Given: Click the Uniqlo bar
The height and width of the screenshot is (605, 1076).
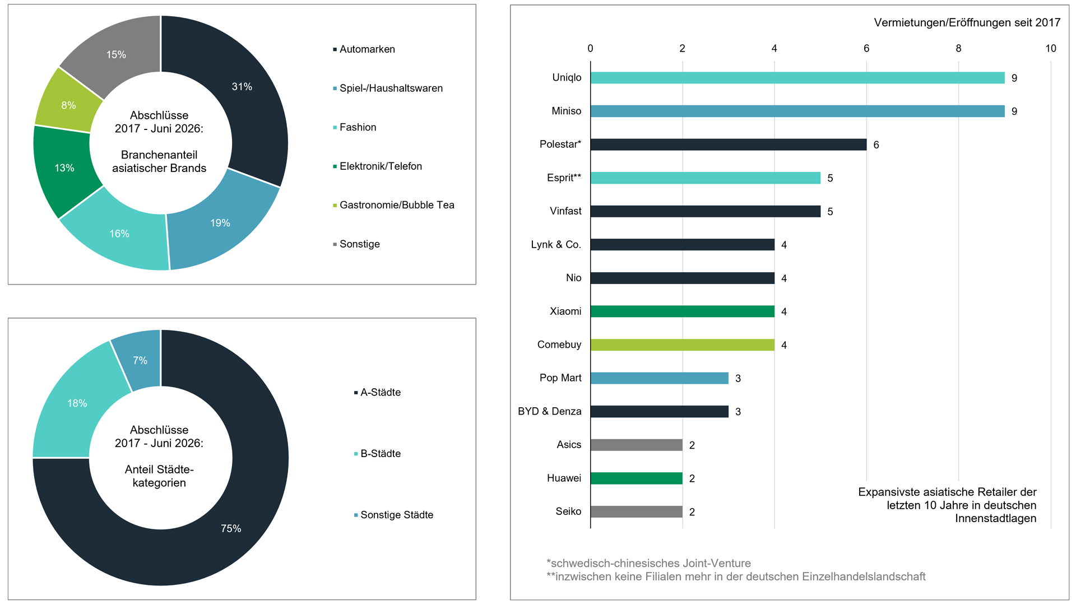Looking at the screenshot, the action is (x=797, y=78).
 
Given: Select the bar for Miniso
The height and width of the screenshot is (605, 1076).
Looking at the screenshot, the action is (x=797, y=111).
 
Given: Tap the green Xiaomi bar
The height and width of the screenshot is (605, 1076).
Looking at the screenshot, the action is (x=683, y=311).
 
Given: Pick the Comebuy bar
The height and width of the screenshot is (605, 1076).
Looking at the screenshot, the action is (x=683, y=345).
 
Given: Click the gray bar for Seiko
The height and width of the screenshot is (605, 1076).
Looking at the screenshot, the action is (x=637, y=511).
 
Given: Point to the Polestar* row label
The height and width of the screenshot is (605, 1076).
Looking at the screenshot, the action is (x=560, y=145).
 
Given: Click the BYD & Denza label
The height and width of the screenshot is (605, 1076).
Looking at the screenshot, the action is (x=550, y=411).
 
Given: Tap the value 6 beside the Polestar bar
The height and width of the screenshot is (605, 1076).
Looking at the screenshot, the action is (x=876, y=145).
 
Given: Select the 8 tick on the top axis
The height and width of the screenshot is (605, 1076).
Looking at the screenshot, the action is (x=958, y=48).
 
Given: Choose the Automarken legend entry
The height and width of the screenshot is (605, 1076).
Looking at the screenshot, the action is (x=364, y=49).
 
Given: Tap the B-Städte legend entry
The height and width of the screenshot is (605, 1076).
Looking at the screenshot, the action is (x=377, y=454).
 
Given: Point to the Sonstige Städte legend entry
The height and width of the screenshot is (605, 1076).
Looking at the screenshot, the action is (x=393, y=515).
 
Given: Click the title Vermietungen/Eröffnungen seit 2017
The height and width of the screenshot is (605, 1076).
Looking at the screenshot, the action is (x=967, y=22).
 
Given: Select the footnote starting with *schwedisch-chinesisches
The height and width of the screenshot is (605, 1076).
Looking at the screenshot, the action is (x=648, y=564).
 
